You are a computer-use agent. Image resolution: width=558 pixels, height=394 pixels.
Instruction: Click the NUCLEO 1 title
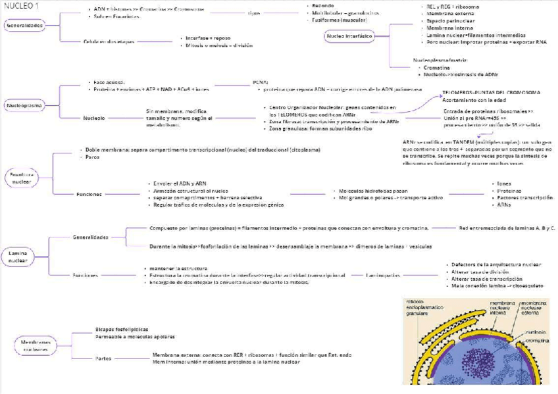(x=21, y=5)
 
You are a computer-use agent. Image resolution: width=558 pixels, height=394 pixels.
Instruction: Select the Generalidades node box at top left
(x=25, y=26)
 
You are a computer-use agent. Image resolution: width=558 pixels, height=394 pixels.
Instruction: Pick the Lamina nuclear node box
(x=18, y=256)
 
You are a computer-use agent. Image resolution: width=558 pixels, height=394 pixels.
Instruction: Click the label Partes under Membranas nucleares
(x=103, y=358)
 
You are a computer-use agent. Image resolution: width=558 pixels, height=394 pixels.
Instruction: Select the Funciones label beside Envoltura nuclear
(x=89, y=194)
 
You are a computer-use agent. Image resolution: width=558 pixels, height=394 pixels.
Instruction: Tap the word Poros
(x=93, y=158)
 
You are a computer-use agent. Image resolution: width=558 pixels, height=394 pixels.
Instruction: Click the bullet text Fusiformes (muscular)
(x=340, y=20)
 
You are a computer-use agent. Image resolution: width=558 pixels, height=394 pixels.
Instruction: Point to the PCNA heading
(x=261, y=82)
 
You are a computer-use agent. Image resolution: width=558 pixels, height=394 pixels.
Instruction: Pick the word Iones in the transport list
(x=504, y=184)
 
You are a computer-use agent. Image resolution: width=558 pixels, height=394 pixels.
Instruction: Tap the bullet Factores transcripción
(x=524, y=197)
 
